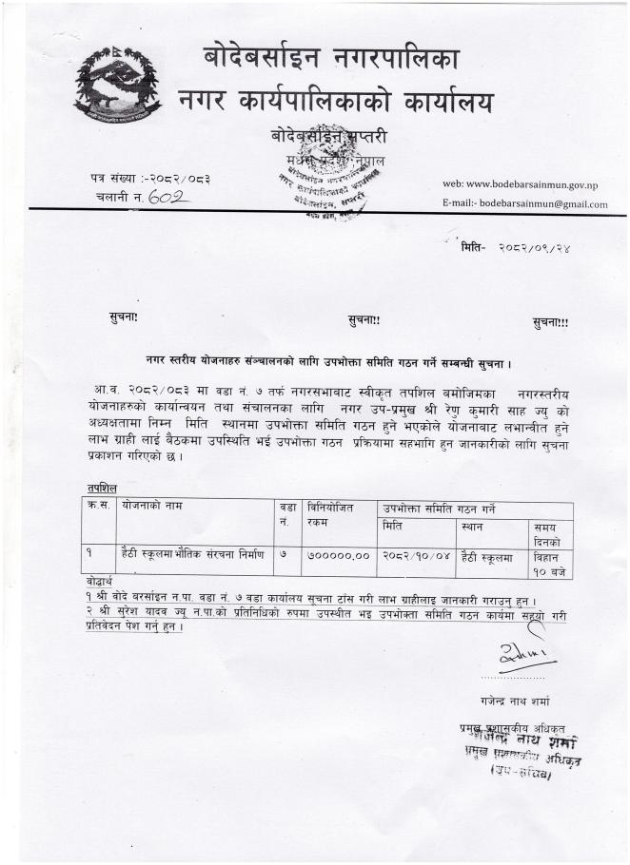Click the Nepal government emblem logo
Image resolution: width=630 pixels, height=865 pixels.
(117, 85)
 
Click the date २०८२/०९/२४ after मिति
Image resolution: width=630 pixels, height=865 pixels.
(533, 248)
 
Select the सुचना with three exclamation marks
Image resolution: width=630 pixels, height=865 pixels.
(550, 322)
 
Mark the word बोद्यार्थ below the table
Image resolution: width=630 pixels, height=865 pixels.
(96, 580)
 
